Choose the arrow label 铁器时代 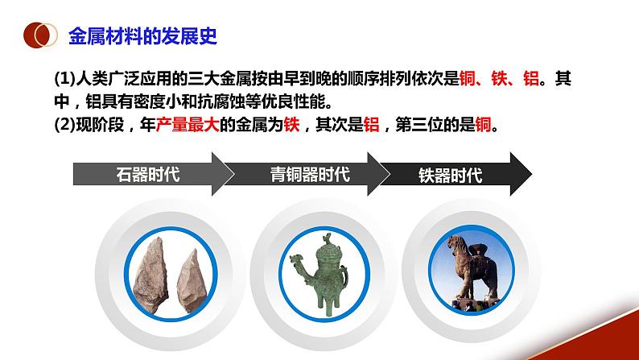[x=451, y=174]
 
